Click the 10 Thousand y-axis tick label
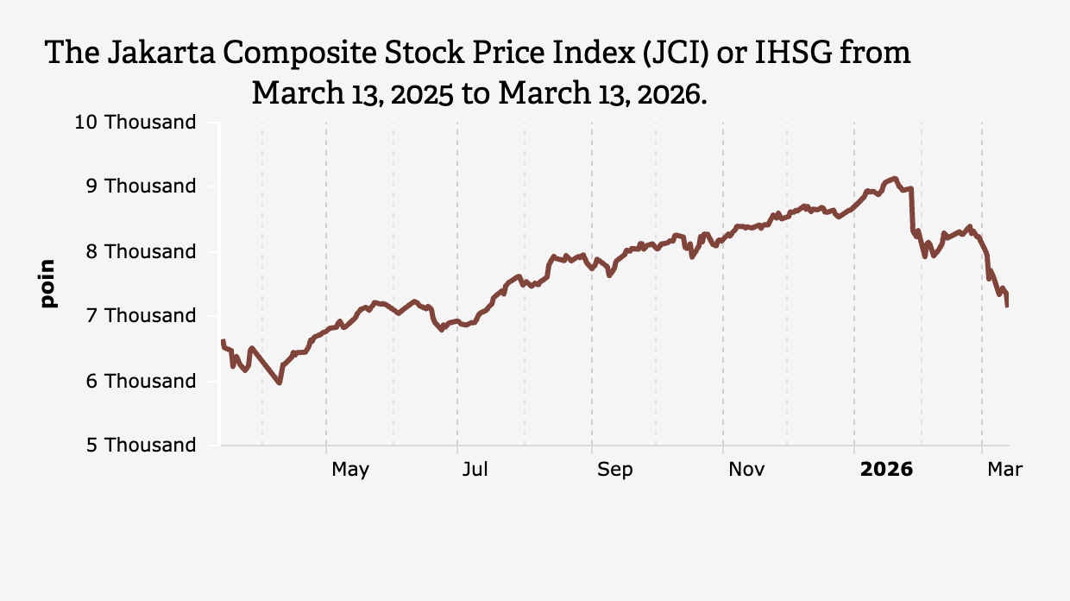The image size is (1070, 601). pos(135,123)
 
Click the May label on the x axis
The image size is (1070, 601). pos(350,470)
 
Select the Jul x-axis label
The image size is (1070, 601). pos(475,470)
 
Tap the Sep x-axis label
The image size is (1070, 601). pos(614,470)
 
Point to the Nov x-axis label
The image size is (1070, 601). pos(746,470)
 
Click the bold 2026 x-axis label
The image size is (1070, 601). pos(886,470)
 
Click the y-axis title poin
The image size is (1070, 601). pos(47,283)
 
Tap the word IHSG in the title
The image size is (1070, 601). pos(795,53)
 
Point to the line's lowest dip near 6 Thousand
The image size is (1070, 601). pos(280,383)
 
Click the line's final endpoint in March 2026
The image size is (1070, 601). pos(1007,305)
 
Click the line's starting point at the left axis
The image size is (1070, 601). pos(223,341)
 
